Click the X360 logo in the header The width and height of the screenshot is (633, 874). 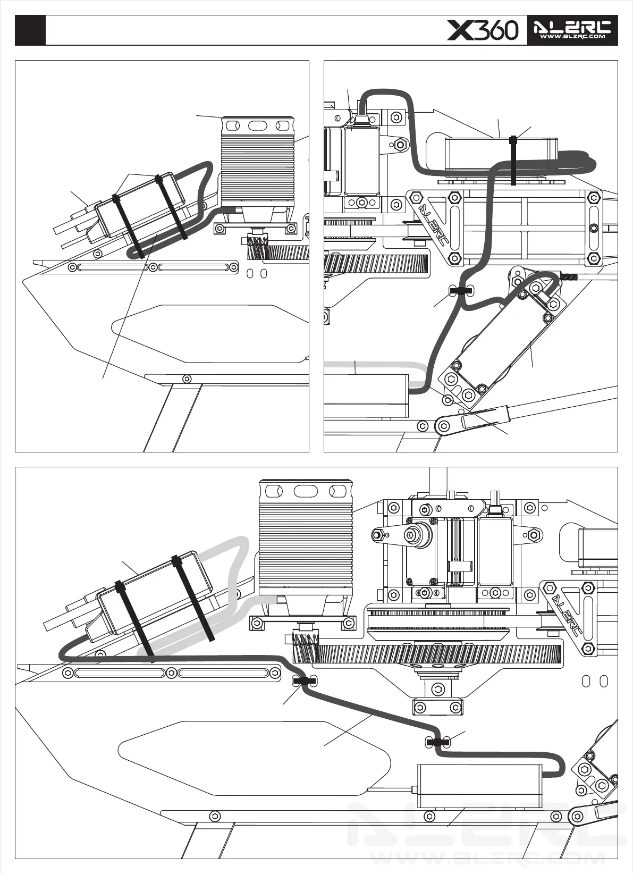483,30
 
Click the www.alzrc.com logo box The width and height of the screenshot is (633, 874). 572,30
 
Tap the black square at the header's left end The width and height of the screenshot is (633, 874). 30,30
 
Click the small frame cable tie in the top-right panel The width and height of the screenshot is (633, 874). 460,291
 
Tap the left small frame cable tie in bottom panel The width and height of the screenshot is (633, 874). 305,680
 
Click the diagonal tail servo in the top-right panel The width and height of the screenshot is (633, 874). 500,340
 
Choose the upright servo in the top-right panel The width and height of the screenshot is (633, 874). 361,159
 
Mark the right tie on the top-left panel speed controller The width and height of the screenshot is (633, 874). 171,207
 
